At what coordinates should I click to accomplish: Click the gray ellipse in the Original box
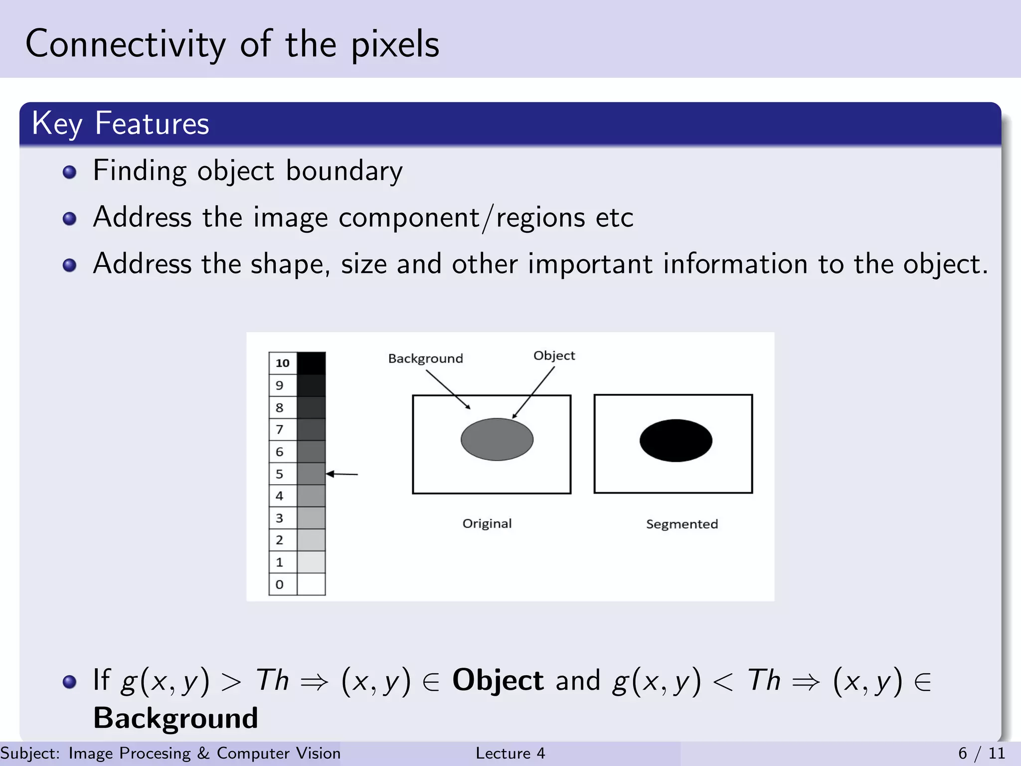pos(497,439)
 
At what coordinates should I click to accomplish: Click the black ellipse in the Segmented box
pos(676,440)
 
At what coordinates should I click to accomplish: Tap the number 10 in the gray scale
pos(282,363)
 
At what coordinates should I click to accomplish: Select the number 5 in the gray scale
pos(279,474)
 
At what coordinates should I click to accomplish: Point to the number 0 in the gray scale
pos(279,584)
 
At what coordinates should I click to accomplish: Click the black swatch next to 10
pos(311,363)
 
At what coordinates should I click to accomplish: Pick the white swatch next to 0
pos(311,584)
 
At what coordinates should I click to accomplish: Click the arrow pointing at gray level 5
pos(342,474)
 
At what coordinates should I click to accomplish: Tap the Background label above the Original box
pos(425,359)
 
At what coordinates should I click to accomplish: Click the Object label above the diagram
pos(554,356)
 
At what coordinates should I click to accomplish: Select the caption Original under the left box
pos(487,524)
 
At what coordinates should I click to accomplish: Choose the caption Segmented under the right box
pos(681,524)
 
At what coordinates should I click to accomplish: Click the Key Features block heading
pos(120,123)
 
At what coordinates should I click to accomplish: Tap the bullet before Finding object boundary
pos(70,172)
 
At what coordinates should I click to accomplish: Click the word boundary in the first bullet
pos(344,171)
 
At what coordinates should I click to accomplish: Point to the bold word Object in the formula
pos(498,680)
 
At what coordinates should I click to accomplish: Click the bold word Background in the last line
pos(175,718)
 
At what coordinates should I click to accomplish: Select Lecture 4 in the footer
pos(510,753)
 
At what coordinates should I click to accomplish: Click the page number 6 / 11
pos(981,753)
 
